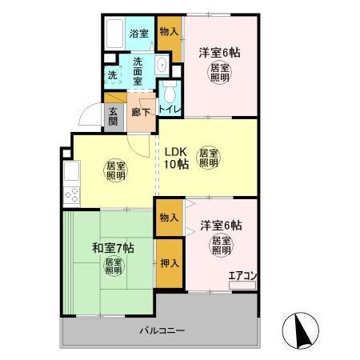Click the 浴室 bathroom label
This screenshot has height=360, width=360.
(139, 34)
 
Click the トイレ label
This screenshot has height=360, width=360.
(169, 108)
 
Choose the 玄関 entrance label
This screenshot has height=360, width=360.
(113, 116)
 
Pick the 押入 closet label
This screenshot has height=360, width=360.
(168, 263)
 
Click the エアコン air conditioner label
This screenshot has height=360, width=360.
(242, 277)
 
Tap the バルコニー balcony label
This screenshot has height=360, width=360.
(162, 330)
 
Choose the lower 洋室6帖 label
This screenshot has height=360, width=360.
(221, 226)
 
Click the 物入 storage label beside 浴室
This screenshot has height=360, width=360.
(168, 32)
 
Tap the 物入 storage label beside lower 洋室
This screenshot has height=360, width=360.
(168, 218)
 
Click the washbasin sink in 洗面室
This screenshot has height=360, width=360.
(161, 66)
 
